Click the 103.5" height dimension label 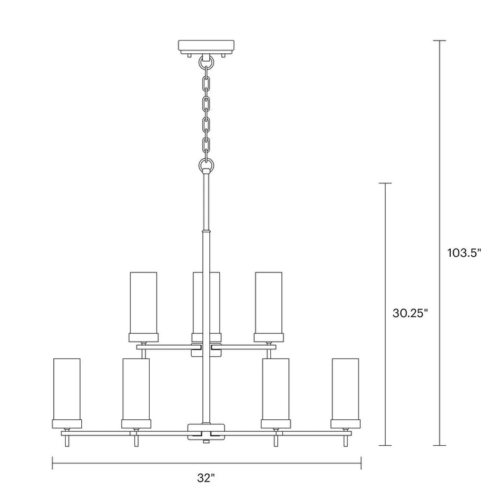pos(465,252)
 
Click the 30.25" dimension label pos(410,314)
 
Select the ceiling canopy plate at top pos(206,48)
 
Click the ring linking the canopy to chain pos(206,62)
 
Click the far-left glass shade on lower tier pos(67,389)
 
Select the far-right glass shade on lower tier pos(345,389)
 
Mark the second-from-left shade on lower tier pos(136,389)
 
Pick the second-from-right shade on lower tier pos(276,389)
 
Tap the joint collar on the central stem pos(206,230)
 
